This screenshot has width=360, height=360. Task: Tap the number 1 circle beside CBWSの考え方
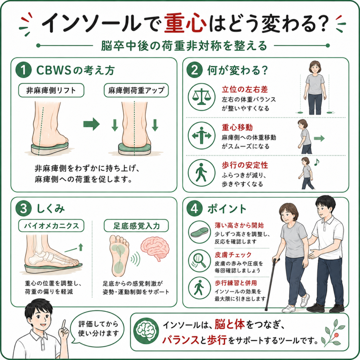tap(24, 70)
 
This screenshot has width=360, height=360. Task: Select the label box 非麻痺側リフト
tap(51, 90)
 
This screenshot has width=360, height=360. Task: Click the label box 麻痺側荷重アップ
tap(136, 90)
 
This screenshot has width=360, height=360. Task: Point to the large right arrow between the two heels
tap(91, 124)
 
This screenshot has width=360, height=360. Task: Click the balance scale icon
tap(201, 97)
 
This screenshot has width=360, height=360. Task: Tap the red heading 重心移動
tap(237, 127)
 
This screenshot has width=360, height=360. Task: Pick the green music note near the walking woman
tap(317, 162)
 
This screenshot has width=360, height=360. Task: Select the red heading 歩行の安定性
tap(245, 165)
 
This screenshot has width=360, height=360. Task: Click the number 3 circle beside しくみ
tap(24, 209)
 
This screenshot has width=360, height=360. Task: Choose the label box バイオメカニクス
tap(51, 226)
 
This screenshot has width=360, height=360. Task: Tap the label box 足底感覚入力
tap(136, 226)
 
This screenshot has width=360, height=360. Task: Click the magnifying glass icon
tap(199, 261)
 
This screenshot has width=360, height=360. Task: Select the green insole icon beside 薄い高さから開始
tap(199, 232)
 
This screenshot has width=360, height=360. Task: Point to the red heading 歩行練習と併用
tap(236, 283)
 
